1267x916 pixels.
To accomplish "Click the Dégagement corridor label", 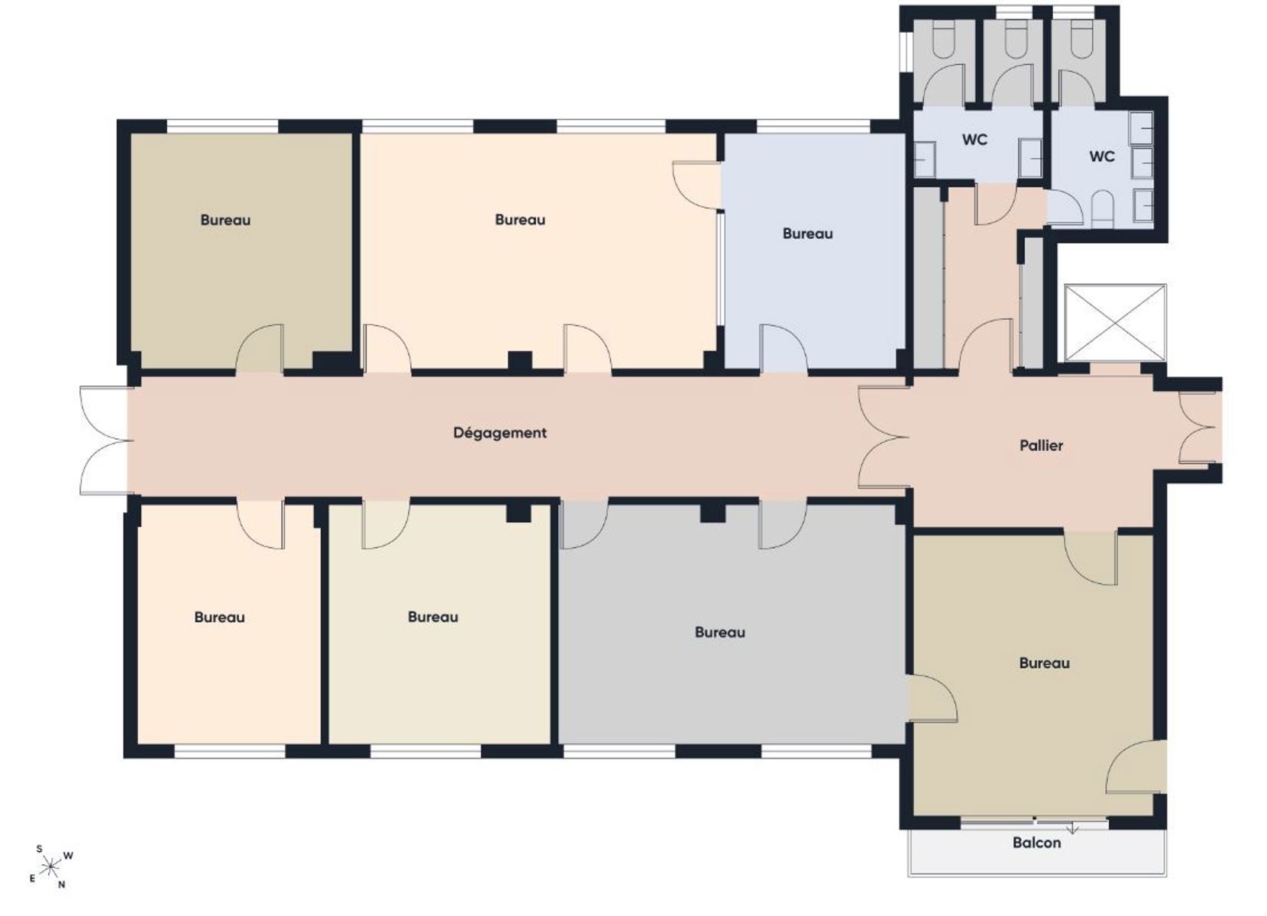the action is pos(500,433).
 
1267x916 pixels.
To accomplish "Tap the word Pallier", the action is pos(1041,446).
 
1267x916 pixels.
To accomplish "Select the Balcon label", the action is pos(1037,843).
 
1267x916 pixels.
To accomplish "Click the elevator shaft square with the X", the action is pos(1115,322).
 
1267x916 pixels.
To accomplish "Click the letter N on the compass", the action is pos(62,885).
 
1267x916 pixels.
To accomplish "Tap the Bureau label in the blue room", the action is pos(808,234).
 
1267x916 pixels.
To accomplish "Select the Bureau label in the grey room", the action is pos(720,632).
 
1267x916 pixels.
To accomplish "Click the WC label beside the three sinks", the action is pos(1102,156).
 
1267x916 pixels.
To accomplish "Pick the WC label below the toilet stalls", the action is pos(975,139).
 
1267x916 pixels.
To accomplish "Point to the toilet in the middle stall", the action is pos(1015,44).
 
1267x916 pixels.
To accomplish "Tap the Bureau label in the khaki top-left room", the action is pos(226,220).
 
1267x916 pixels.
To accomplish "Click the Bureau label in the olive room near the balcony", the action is pos(1045,663).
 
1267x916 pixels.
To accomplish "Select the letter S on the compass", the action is pos(39,849).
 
